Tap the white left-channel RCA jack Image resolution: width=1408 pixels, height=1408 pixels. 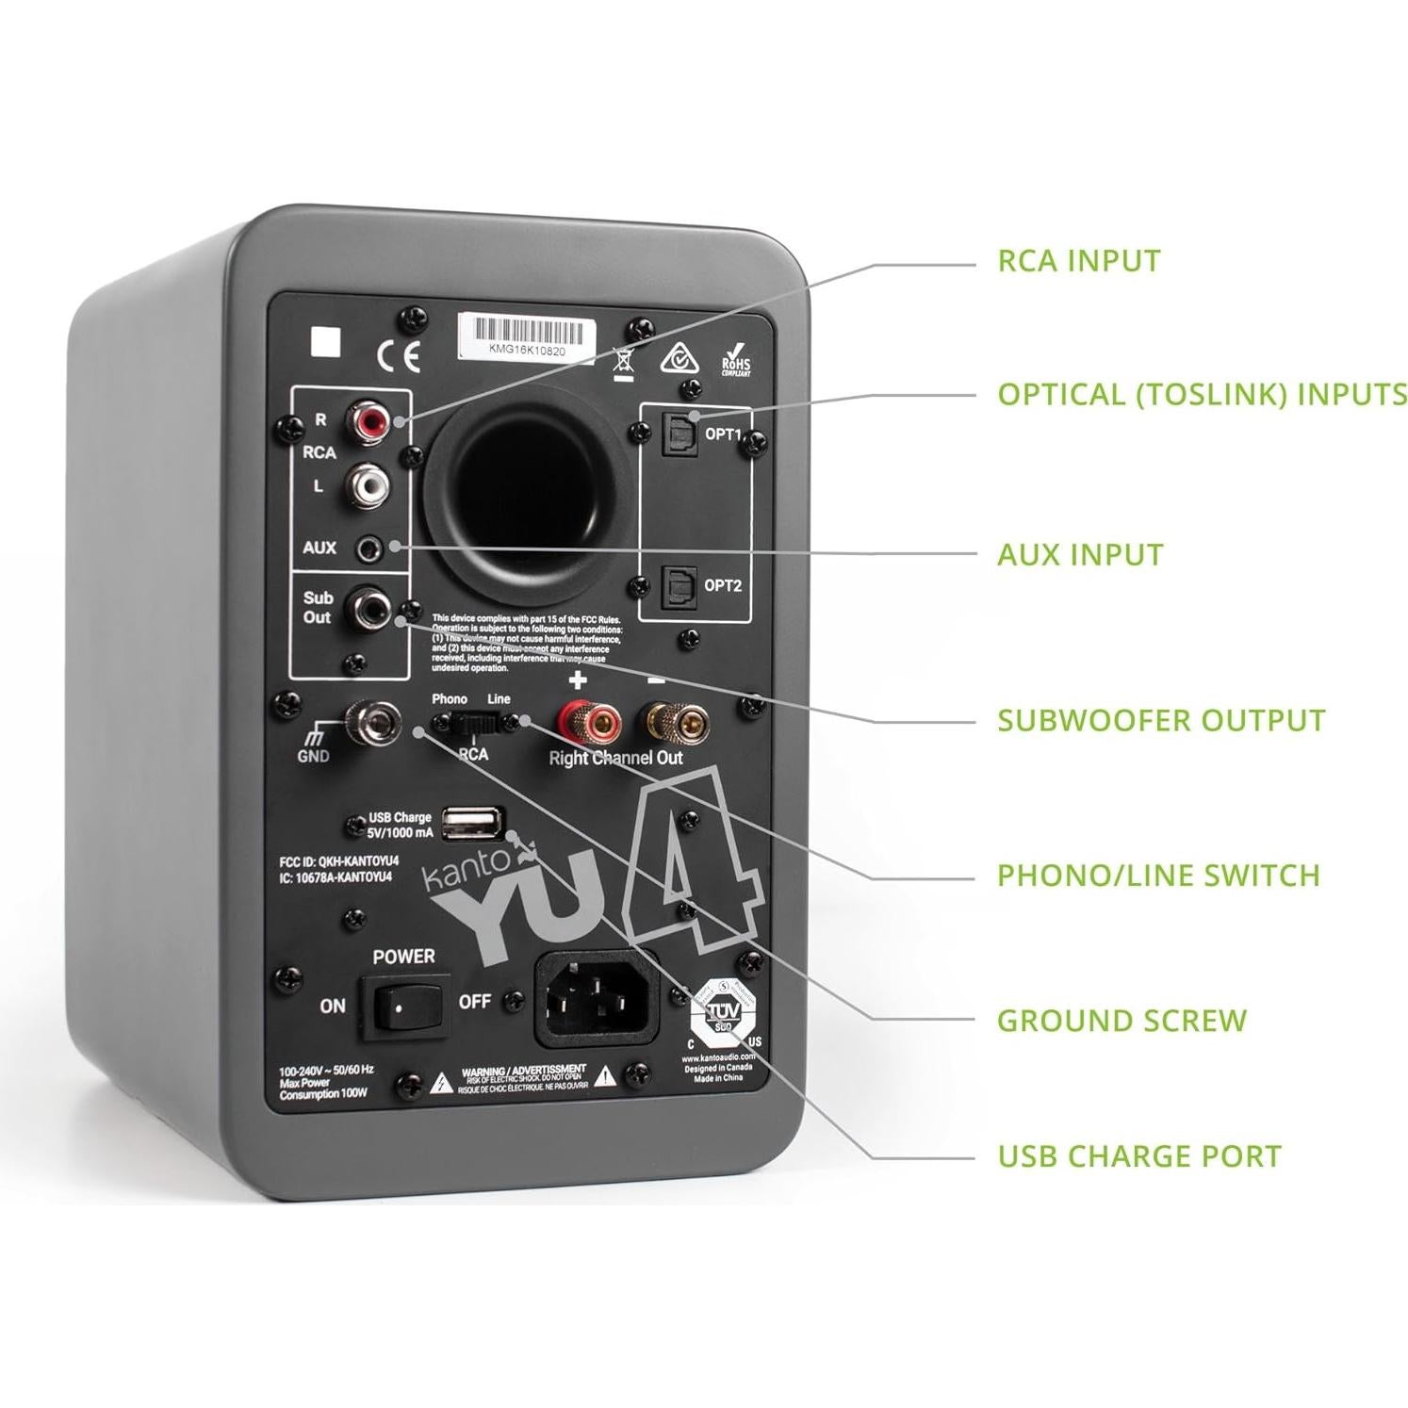[x=368, y=485]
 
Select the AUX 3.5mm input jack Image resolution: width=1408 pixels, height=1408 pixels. [x=368, y=548]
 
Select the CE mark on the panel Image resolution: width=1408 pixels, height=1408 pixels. [x=399, y=356]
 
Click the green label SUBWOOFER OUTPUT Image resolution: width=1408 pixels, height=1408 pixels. [x=1161, y=721]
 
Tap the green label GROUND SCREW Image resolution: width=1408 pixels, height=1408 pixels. [x=1121, y=1021]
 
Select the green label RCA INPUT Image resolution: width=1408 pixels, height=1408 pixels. [x=1079, y=261]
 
